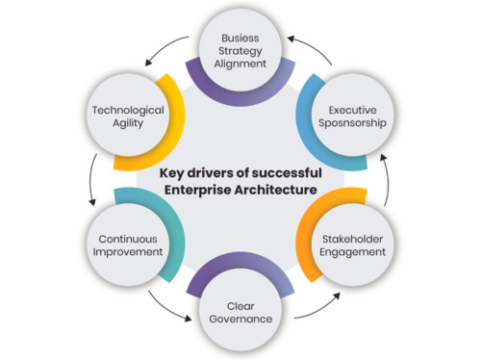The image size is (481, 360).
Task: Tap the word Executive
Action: point(352,109)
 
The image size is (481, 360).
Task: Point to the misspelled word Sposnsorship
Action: point(352,124)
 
